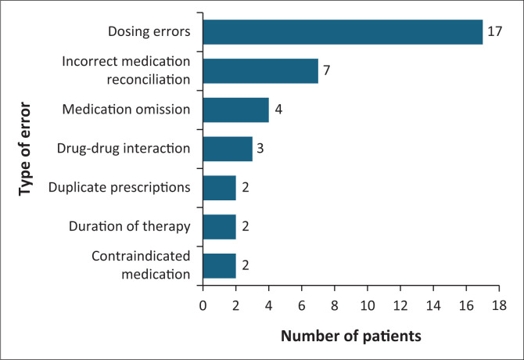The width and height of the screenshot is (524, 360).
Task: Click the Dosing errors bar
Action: point(343,32)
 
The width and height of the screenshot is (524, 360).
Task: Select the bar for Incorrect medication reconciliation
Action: point(260,71)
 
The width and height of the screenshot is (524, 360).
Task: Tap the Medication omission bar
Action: point(236,110)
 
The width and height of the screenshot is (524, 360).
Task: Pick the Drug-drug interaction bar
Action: point(228,149)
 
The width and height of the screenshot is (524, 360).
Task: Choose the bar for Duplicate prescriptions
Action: point(220,188)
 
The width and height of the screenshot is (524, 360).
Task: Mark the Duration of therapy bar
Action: point(220,227)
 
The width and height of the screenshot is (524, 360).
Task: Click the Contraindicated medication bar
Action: point(220,266)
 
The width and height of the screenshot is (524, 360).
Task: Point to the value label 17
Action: point(494,31)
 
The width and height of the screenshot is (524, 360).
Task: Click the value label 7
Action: point(326,70)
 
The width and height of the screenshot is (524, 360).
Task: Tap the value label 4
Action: point(278,110)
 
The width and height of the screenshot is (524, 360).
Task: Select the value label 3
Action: point(260,148)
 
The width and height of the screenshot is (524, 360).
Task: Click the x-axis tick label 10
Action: point(368,305)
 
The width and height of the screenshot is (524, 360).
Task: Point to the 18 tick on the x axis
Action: point(499,305)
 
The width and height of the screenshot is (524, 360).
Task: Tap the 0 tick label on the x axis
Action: point(203,305)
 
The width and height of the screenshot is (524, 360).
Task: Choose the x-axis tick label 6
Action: point(301,305)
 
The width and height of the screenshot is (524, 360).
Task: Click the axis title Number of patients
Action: point(351,336)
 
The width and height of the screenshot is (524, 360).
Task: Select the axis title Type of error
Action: point(25,149)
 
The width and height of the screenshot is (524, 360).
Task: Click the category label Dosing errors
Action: point(149,31)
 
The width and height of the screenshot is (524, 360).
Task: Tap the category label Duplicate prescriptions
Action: point(120,188)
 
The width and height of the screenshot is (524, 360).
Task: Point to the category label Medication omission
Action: point(127,110)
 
